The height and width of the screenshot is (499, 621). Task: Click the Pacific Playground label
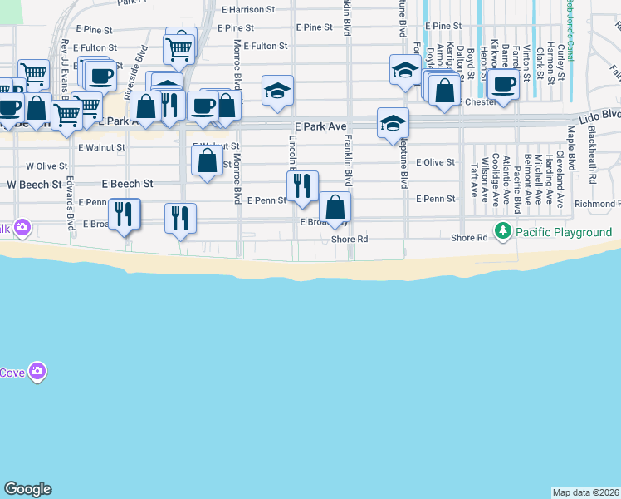tap(565, 232)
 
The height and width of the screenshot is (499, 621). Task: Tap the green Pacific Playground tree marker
tap(502, 230)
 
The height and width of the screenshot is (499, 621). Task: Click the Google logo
tap(27, 489)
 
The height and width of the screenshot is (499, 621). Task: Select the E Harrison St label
tap(248, 10)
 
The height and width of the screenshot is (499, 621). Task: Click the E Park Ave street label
tap(319, 126)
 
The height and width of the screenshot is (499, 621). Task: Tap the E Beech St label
tap(127, 183)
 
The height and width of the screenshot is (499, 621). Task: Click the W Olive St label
tap(46, 166)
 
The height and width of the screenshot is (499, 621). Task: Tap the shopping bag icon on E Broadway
tap(335, 206)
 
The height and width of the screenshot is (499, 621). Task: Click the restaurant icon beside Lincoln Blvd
tap(302, 185)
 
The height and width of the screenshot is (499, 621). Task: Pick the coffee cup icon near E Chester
tap(503, 82)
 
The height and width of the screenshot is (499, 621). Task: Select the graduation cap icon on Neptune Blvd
tap(393, 123)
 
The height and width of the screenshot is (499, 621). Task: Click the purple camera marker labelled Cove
tap(37, 371)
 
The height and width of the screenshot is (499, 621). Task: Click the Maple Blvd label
tap(571, 143)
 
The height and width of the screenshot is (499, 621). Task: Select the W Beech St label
tap(34, 184)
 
